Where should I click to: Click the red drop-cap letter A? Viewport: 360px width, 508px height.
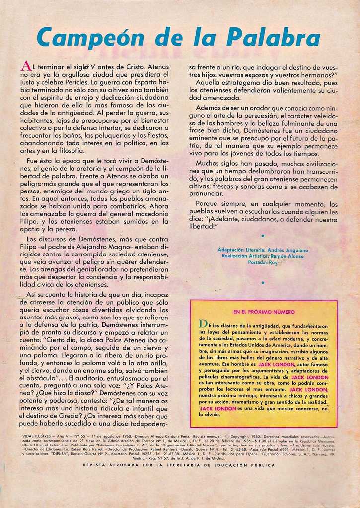26,66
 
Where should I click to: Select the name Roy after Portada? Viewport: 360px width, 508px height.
273,262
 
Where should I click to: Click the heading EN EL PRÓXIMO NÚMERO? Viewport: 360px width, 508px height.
264,312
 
